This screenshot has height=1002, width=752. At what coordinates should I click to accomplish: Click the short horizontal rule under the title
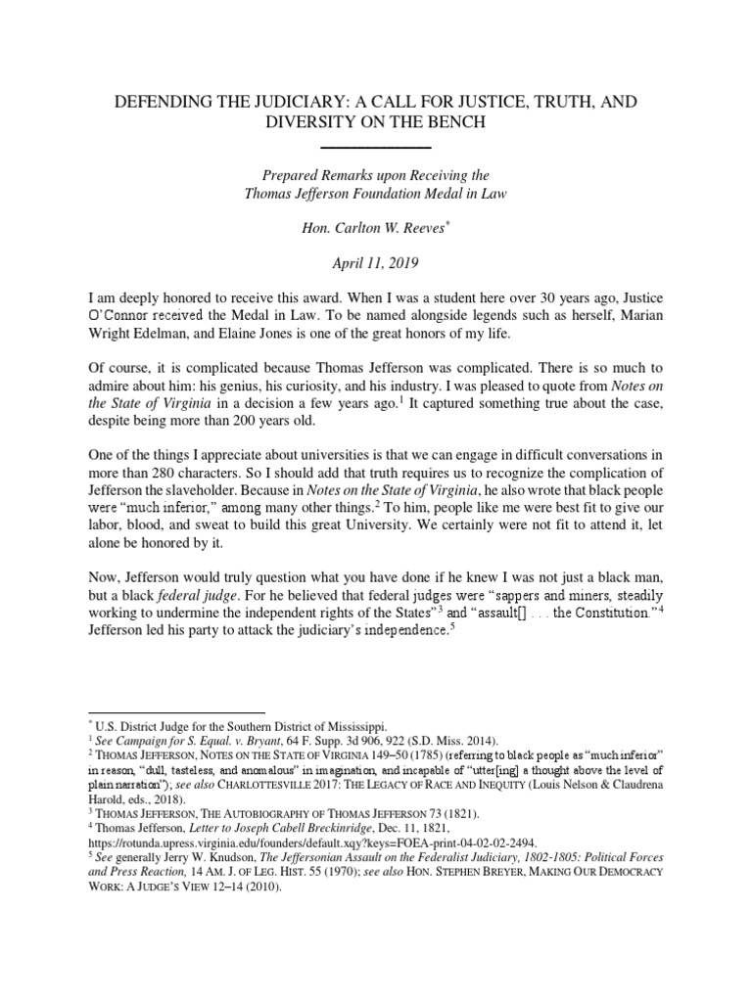(376, 146)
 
